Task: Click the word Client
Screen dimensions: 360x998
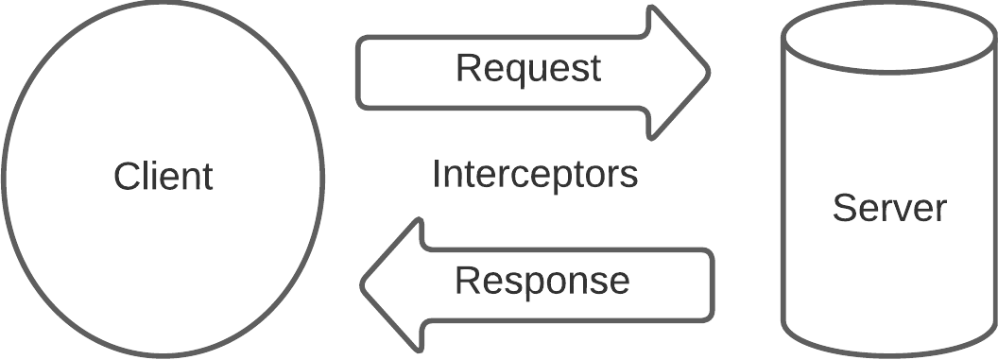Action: (x=163, y=177)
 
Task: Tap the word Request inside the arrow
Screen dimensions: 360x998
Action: (x=527, y=68)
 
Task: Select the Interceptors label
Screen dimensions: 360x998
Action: (x=535, y=174)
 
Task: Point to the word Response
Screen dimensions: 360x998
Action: (x=542, y=281)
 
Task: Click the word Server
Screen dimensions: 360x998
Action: (x=888, y=207)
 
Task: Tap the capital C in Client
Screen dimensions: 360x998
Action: (x=126, y=177)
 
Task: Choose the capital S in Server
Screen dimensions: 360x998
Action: (x=843, y=207)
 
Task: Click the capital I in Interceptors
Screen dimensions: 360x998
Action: (x=437, y=174)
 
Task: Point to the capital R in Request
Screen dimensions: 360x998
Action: (x=466, y=68)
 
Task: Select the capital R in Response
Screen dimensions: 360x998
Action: (x=466, y=281)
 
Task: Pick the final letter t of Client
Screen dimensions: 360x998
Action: (x=207, y=177)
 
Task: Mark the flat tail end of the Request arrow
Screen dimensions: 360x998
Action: (x=359, y=72)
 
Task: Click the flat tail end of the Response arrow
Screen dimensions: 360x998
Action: (x=712, y=283)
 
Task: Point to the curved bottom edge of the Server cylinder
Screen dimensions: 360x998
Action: (x=888, y=351)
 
